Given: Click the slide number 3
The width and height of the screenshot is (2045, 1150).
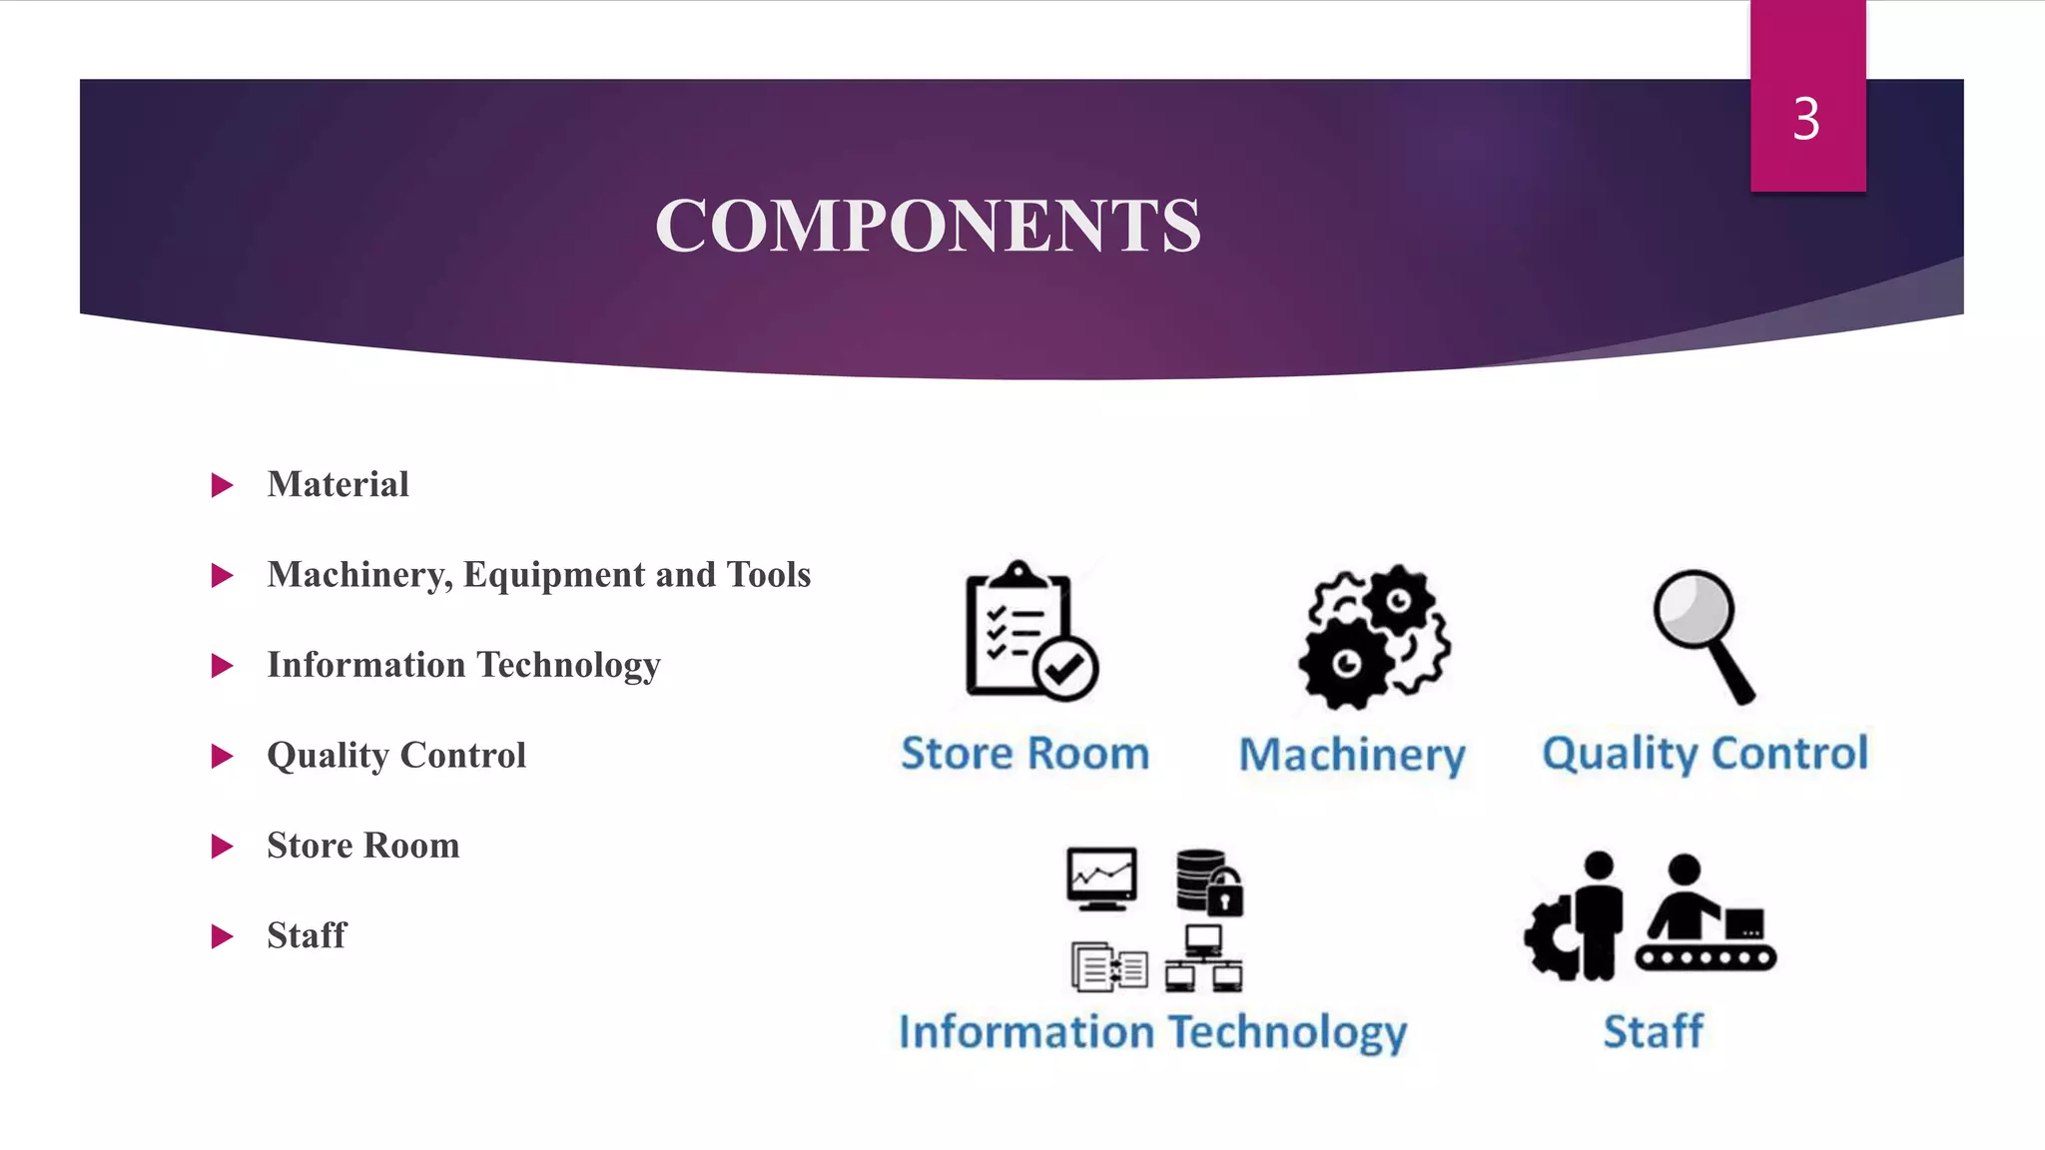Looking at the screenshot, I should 1805,120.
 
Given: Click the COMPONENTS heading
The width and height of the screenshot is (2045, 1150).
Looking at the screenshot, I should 928,226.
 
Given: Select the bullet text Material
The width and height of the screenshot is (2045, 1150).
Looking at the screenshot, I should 338,485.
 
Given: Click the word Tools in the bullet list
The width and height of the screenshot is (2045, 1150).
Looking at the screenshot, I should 769,575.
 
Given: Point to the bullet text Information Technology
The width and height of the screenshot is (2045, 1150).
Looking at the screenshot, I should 463,666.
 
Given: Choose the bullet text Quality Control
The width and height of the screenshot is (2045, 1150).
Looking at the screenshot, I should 396,756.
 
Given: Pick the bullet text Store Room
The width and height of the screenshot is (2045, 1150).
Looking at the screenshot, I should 363,847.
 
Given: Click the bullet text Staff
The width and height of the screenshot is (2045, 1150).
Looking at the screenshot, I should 307,936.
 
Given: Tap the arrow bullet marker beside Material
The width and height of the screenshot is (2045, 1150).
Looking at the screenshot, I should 222,486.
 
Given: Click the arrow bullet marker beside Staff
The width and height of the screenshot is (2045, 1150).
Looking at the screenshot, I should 222,937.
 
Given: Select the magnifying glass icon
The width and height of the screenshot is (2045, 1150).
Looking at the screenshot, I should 1702,634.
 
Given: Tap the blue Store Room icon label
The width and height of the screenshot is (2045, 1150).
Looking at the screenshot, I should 1024,754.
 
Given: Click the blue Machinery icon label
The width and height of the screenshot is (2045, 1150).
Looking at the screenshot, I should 1352,756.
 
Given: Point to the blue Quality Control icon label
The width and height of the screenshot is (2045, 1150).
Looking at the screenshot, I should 1704,754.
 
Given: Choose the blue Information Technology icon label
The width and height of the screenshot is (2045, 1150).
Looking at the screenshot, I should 1152,1032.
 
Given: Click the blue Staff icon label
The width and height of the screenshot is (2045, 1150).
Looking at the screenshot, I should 1653,1032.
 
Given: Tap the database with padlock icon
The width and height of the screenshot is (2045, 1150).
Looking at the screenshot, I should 1208,881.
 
